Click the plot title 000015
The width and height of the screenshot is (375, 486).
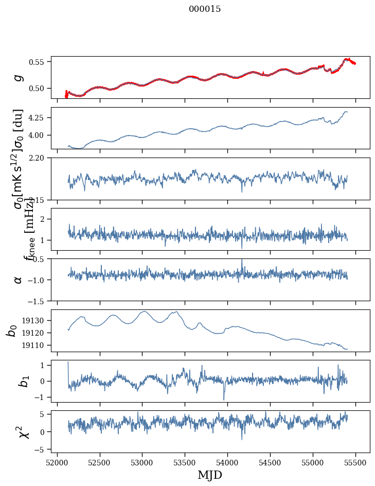pyautogui.click(x=205, y=9)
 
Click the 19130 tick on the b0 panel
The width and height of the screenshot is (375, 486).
pyautogui.click(x=35, y=321)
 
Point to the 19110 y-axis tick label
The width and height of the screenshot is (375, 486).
pyautogui.click(x=35, y=345)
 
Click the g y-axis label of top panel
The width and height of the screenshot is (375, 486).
pyautogui.click(x=19, y=77)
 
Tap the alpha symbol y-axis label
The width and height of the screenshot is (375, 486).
pyautogui.click(x=19, y=280)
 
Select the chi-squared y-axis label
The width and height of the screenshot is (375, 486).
pyautogui.click(x=23, y=431)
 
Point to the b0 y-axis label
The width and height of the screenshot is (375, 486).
pyautogui.click(x=11, y=331)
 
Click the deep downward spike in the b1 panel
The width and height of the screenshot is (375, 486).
pyautogui.click(x=224, y=399)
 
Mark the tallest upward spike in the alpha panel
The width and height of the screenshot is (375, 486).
pyautogui.click(x=242, y=260)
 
